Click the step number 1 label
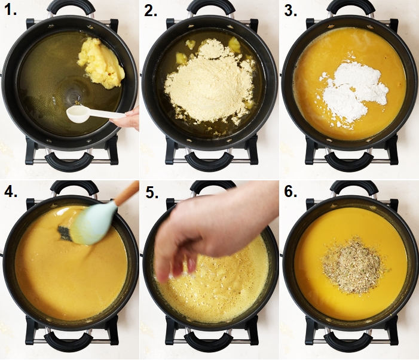[11, 10]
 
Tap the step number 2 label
[151, 11]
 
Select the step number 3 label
[290, 11]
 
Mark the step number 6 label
[290, 191]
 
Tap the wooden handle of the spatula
[126, 194]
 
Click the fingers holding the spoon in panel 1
[126, 118]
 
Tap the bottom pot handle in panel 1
[68, 161]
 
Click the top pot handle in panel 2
[207, 8]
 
